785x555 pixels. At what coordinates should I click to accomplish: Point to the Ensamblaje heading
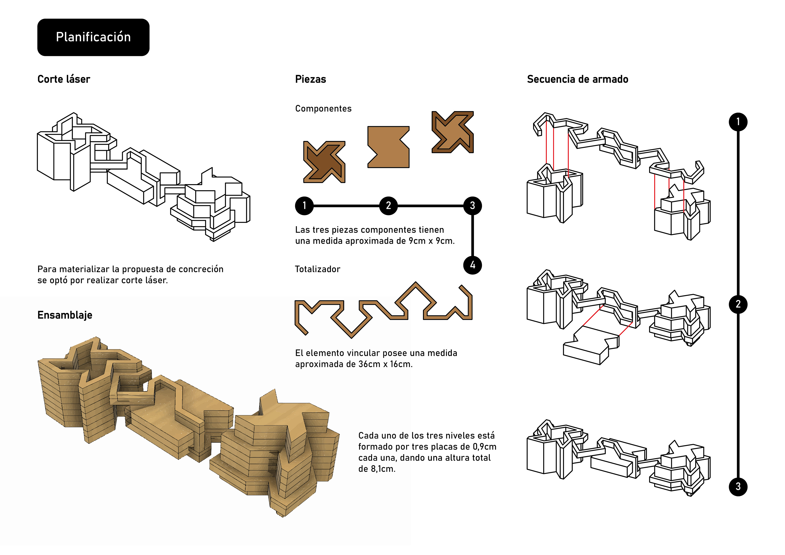[65, 315]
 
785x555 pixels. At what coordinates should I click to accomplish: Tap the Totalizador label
[317, 269]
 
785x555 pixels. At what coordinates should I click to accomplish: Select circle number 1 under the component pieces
[304, 205]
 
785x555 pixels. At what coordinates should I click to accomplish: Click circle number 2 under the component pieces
[388, 205]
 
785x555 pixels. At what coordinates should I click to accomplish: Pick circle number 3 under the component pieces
[472, 205]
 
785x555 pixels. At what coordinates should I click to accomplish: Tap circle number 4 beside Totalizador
[472, 265]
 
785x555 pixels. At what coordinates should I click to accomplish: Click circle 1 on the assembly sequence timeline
[738, 122]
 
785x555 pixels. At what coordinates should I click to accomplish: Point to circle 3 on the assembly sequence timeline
[738, 487]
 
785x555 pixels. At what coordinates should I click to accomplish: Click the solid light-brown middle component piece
[388, 147]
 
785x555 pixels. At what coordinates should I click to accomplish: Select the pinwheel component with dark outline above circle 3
[452, 132]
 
